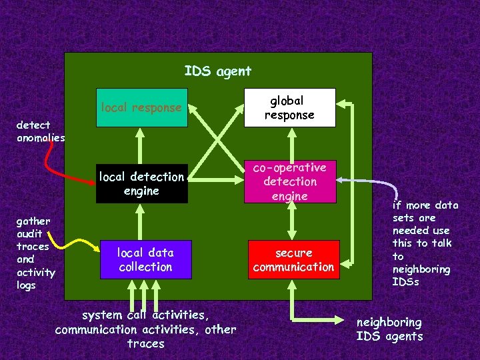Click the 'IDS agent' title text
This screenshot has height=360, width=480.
(x=218, y=71)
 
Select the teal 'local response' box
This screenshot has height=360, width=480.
(x=141, y=107)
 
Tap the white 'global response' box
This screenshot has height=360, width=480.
(x=289, y=107)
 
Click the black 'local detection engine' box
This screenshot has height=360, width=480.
(x=141, y=183)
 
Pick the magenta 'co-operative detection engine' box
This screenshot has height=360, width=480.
(x=289, y=181)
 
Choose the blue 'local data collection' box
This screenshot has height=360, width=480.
(x=145, y=259)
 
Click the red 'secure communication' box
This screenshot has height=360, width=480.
(x=293, y=259)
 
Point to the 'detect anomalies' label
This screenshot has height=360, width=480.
(x=41, y=131)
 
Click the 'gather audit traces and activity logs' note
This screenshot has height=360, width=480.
(x=36, y=253)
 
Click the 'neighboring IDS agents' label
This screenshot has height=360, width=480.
(x=390, y=329)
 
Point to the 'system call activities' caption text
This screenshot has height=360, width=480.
(x=145, y=315)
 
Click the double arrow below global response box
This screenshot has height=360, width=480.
(x=290, y=143)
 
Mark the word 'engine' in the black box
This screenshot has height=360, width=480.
(x=141, y=191)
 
